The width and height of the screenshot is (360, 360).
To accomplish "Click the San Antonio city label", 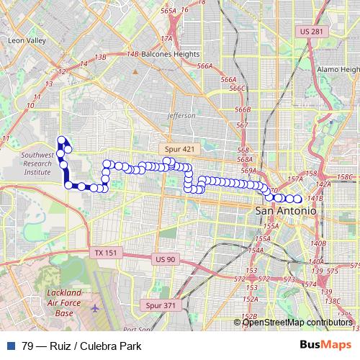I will coord(285,210).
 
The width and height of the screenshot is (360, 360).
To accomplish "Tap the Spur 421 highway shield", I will coord(177,148).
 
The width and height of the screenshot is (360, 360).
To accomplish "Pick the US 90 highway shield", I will coord(164,259).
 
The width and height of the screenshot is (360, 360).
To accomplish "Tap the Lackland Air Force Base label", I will coord(65,303).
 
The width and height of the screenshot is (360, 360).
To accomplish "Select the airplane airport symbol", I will coord(96,308).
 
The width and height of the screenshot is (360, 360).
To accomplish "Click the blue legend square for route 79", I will coord(9,346).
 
